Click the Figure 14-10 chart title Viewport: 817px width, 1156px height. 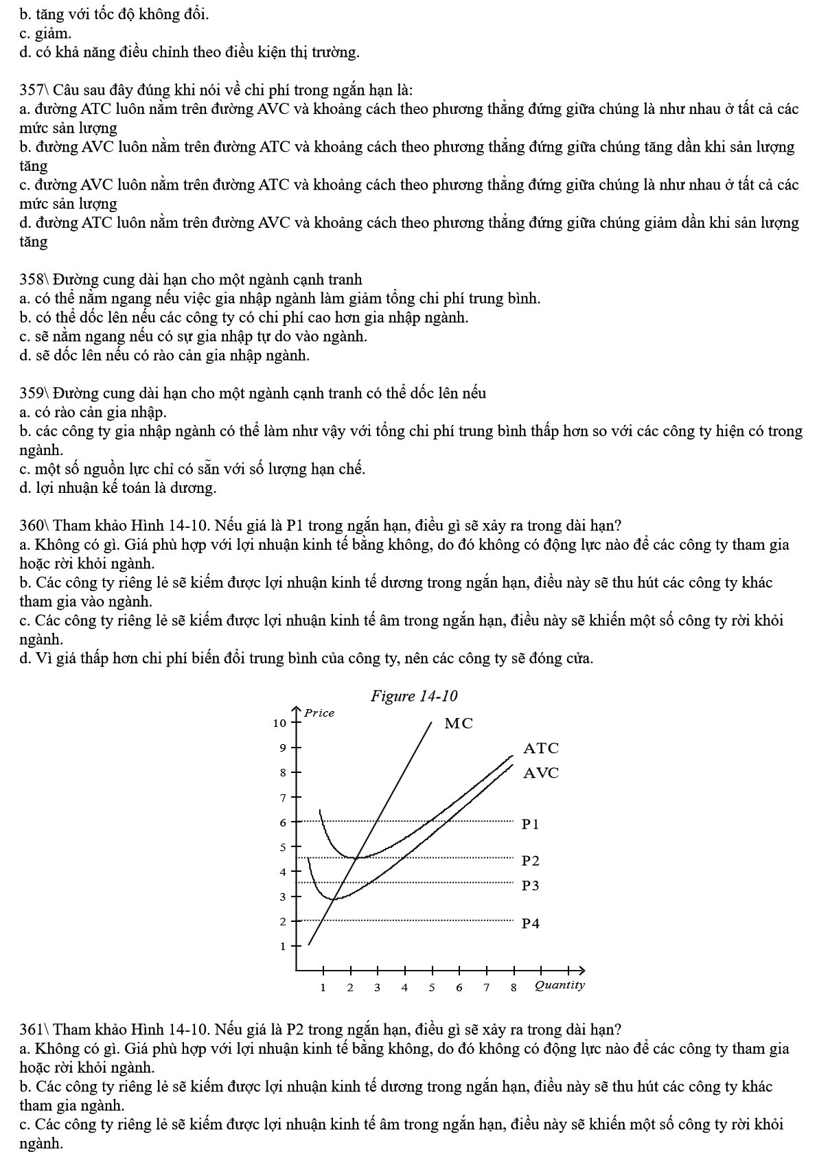(x=413, y=696)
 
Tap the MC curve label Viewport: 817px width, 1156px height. (x=459, y=724)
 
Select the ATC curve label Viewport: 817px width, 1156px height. (x=541, y=748)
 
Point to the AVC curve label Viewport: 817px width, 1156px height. (x=541, y=773)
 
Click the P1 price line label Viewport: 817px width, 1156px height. (x=531, y=824)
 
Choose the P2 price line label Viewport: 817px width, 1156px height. (x=531, y=861)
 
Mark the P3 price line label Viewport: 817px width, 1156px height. (x=531, y=886)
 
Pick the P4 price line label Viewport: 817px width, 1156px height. (x=531, y=923)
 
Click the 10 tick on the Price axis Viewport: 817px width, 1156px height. (x=279, y=723)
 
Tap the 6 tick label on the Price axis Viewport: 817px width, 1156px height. (x=282, y=822)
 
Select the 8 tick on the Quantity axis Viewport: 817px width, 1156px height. (x=514, y=988)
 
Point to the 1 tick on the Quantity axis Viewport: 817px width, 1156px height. (x=323, y=988)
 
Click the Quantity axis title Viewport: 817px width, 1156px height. (x=560, y=986)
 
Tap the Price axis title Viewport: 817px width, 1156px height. (x=319, y=713)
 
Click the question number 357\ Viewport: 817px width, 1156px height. (x=34, y=90)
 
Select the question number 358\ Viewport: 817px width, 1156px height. (x=34, y=279)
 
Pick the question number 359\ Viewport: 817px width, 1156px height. (x=34, y=393)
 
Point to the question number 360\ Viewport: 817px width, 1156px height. (x=34, y=526)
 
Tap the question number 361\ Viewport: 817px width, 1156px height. (x=34, y=1030)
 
